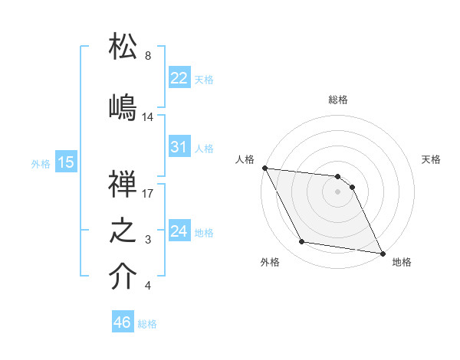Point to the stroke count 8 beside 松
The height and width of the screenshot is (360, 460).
pos(148,56)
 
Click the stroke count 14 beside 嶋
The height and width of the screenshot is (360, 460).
pos(148,117)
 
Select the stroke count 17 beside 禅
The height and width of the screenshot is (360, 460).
pos(148,194)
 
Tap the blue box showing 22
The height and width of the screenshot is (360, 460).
pos(179,78)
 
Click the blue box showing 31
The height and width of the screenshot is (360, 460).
pos(179,147)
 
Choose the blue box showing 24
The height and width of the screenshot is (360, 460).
pos(179,231)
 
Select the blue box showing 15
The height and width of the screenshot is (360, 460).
pos(66,162)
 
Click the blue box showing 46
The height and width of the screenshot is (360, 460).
pos(123,322)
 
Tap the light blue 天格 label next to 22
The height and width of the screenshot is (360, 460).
pos(204,79)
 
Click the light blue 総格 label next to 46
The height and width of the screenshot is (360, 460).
pos(147,324)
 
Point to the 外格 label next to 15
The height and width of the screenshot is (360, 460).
pos(41,163)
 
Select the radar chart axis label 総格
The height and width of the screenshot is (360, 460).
pos(338,100)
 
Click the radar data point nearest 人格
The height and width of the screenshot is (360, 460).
pos(264,168)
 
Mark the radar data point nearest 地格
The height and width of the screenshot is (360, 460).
pos(381,253)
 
